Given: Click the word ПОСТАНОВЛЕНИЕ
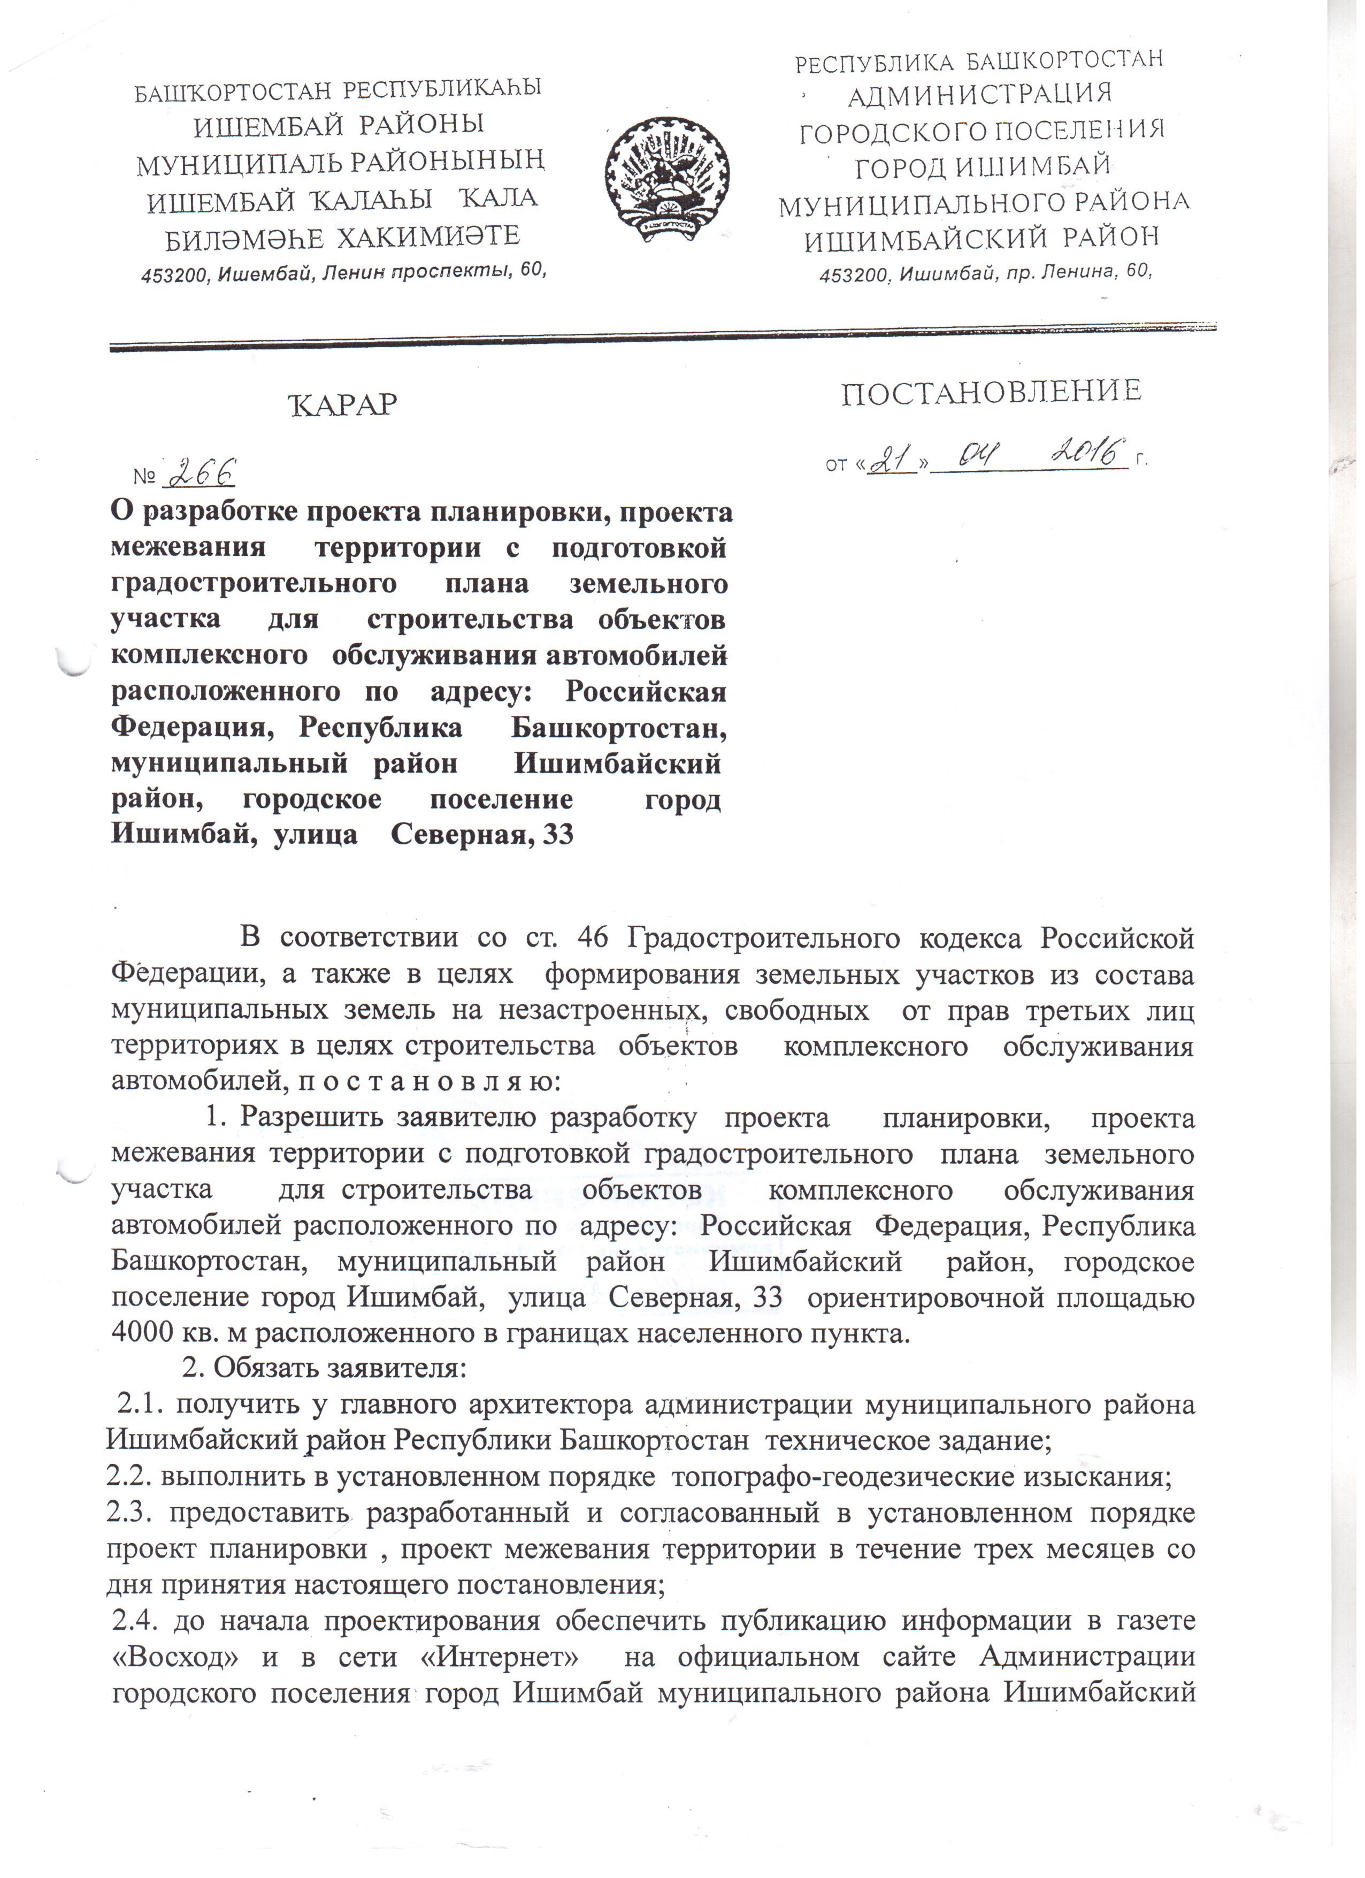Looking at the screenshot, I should pyautogui.click(x=992, y=393).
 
